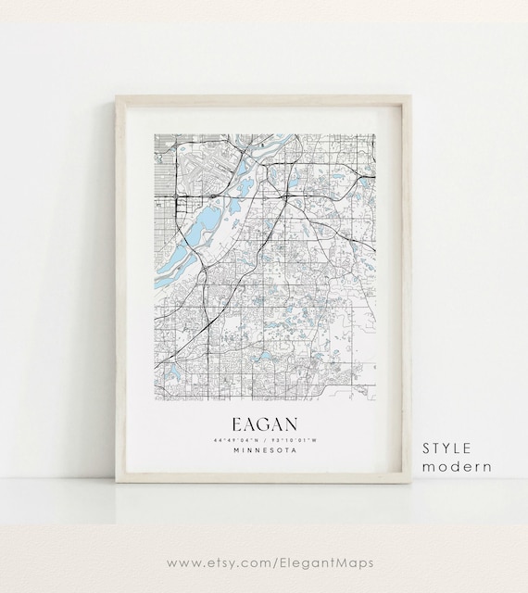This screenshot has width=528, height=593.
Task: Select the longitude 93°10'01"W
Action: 291,439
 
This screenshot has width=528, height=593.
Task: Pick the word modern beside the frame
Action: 457,466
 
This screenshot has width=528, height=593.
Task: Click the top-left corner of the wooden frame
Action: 116,95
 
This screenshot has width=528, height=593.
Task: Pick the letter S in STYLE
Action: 428,448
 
